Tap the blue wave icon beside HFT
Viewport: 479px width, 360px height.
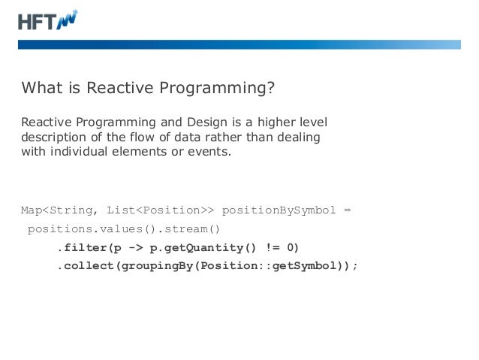tap(68, 20)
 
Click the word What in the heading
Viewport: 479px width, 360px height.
tap(41, 89)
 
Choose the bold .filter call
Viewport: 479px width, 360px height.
tap(81, 247)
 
